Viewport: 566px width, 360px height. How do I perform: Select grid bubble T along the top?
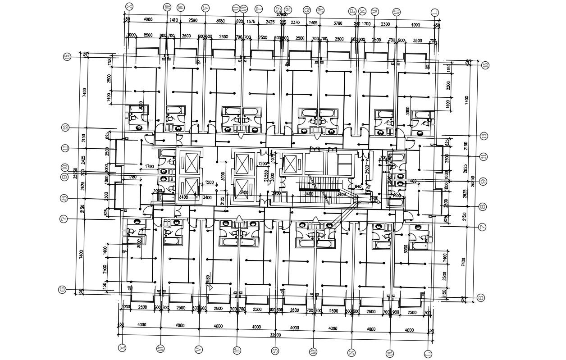point(259,8)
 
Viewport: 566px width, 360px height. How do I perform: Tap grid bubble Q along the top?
point(307,9)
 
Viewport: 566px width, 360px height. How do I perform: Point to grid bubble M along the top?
point(375,11)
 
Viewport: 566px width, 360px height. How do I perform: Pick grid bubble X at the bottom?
point(121,347)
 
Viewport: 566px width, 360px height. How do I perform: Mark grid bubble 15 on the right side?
point(485,65)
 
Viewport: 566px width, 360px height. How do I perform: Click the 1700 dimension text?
point(366,24)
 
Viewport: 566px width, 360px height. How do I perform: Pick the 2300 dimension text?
point(385,24)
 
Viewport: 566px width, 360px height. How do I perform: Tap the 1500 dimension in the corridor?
point(209,182)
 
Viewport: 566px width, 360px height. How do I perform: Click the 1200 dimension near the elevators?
point(261,164)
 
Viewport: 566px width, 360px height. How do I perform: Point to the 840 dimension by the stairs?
point(358,187)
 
